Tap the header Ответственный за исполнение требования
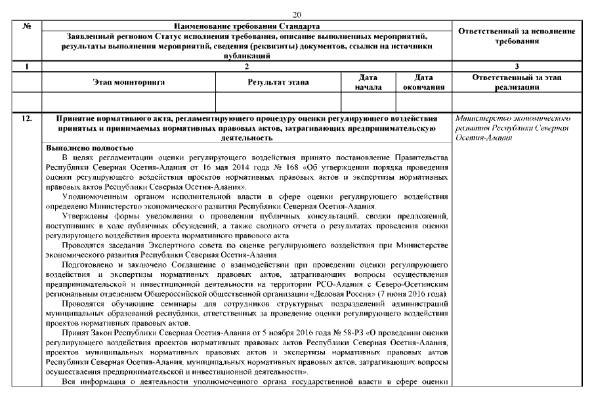[517, 36]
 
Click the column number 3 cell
[517, 66]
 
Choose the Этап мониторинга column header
[128, 82]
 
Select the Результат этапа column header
[278, 82]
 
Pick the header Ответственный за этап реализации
[517, 82]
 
